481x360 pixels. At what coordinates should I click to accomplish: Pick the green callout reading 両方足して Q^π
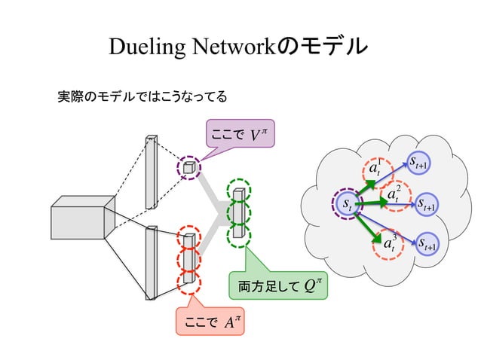coord(277,285)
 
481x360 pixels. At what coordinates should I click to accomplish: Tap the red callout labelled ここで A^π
coord(210,322)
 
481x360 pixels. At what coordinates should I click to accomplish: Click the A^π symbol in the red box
coord(231,322)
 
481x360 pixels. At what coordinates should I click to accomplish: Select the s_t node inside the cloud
coord(347,203)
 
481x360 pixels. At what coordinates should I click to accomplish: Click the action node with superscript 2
coord(393,196)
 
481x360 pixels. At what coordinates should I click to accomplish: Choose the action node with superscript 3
coord(391,243)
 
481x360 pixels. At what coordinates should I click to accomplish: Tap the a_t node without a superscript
coord(374,169)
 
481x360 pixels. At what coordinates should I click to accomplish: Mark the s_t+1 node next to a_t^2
coord(429,204)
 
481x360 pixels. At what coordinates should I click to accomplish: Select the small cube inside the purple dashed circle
coord(189,167)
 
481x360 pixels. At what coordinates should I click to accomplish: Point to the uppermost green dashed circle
coord(239,188)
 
